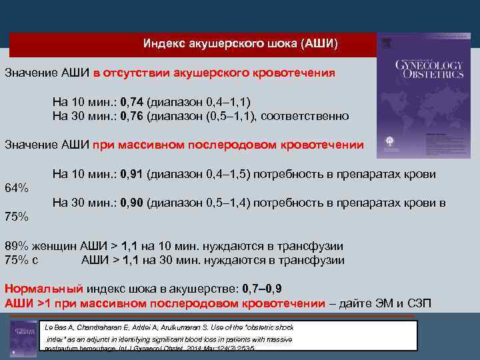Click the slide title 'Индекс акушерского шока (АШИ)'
pos(241,44)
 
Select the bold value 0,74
pos(131,102)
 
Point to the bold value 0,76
pos(131,116)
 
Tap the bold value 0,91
pos(131,174)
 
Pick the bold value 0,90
pos(131,203)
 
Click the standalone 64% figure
pos(17,188)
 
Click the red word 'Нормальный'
pos(43,289)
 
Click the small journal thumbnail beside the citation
pos(24,337)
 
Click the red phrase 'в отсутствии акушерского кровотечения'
pos(214,73)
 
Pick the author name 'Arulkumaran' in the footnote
pos(195,327)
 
